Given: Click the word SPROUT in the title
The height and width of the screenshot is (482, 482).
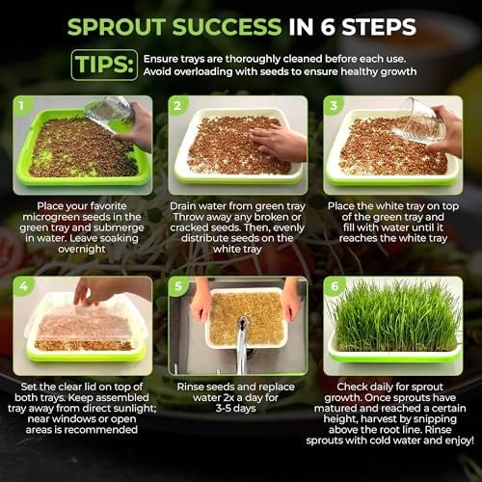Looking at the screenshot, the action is click(117, 27).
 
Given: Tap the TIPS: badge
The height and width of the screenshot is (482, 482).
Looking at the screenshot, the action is click(104, 65).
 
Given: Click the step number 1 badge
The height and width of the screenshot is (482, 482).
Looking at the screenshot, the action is click(21, 105).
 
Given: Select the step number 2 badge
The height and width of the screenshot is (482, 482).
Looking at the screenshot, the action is click(177, 105).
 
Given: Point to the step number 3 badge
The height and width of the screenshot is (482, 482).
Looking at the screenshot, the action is click(334, 105).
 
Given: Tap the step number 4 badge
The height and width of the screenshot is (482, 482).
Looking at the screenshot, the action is click(23, 285).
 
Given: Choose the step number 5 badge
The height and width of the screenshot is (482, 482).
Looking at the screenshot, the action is click(178, 285).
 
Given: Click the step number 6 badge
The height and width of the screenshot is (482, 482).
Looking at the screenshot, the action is click(335, 285).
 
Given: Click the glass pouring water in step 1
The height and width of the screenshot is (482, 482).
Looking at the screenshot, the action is click(109, 113).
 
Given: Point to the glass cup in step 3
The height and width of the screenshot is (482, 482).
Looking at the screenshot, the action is click(418, 121).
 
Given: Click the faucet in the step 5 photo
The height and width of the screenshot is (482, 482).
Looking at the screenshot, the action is click(242, 345).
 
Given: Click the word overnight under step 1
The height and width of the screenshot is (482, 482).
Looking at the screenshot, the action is click(82, 249).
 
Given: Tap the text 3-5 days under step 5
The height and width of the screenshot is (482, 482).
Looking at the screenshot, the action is click(236, 409).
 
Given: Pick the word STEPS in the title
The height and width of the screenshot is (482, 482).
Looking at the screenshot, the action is click(379, 27).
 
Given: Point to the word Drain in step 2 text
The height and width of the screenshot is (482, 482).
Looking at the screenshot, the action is click(183, 206).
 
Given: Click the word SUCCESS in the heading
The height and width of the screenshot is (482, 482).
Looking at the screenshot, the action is click(227, 27).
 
